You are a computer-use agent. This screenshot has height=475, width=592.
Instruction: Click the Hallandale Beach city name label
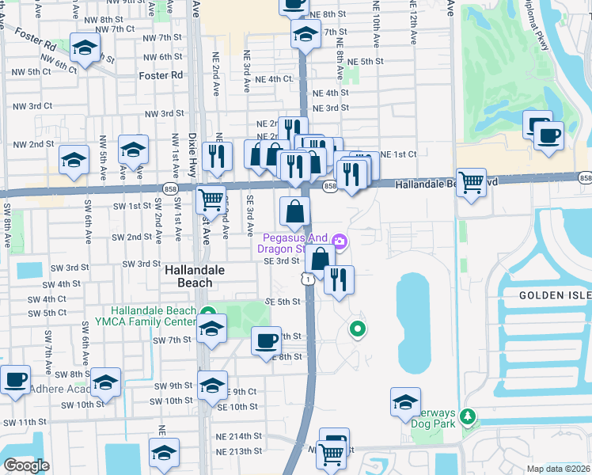pos(188,276)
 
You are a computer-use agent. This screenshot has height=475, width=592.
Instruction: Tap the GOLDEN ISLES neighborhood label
pos(555,294)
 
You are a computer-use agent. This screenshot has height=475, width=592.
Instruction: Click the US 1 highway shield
pos(305,279)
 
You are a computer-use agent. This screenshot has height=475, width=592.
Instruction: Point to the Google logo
pos(26,465)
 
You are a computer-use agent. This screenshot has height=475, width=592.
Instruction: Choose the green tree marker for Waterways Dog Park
pos(468,415)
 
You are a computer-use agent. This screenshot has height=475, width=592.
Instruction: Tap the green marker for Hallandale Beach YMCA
pos(207,312)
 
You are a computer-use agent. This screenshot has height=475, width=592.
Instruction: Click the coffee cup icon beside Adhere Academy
pos(16,379)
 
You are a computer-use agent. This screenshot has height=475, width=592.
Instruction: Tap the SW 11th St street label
pos(24,423)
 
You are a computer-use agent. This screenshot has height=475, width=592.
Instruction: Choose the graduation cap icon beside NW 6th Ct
pos(85,47)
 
